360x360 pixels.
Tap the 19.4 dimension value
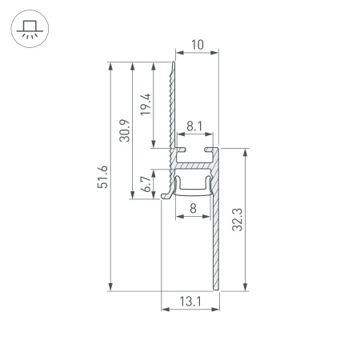146,105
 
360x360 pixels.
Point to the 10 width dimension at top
196,46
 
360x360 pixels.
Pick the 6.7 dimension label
146,185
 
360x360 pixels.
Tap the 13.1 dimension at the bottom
190,302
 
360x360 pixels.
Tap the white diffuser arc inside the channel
193,188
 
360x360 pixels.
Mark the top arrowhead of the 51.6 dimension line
109,64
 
